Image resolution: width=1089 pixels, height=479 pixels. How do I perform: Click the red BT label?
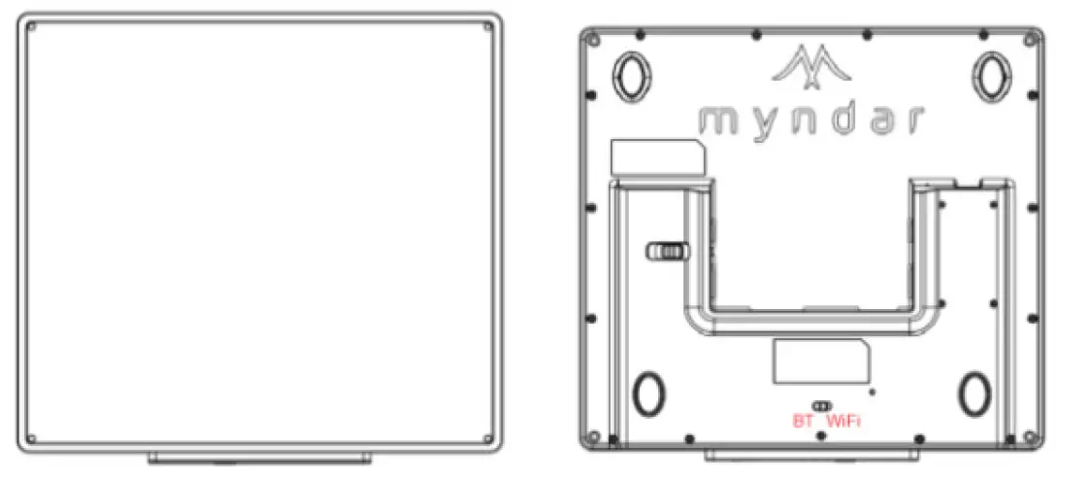tap(802, 422)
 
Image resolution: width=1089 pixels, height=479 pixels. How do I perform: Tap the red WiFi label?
tap(842, 422)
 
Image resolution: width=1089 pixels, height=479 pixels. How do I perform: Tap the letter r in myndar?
tap(910, 121)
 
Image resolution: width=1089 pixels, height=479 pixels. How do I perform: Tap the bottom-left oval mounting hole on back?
tap(646, 393)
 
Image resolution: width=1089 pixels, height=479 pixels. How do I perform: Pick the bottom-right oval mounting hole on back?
tap(973, 393)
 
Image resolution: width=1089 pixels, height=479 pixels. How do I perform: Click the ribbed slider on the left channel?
tap(664, 251)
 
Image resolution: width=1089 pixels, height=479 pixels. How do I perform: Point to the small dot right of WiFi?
tap(874, 392)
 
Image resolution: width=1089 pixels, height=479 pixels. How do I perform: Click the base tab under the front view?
tap(261, 457)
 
